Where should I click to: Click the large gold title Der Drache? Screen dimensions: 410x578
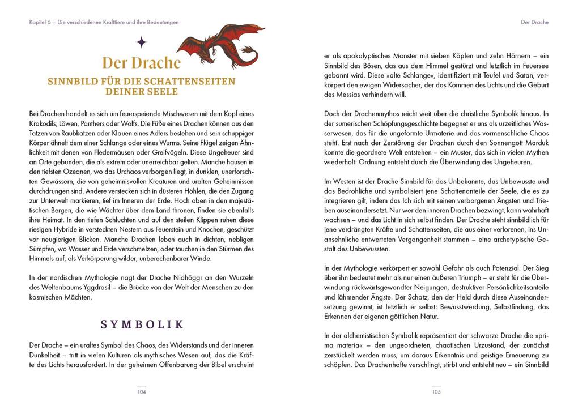pyautogui.click(x=141, y=62)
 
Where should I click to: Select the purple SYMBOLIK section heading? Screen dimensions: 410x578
pyautogui.click(x=142, y=324)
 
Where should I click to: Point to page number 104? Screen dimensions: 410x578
pyautogui.click(x=142, y=391)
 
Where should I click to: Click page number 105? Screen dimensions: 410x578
pyautogui.click(x=436, y=391)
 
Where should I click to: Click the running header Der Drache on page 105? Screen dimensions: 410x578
pyautogui.click(x=534, y=23)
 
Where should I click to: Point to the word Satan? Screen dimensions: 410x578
pyautogui.click(x=510, y=75)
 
